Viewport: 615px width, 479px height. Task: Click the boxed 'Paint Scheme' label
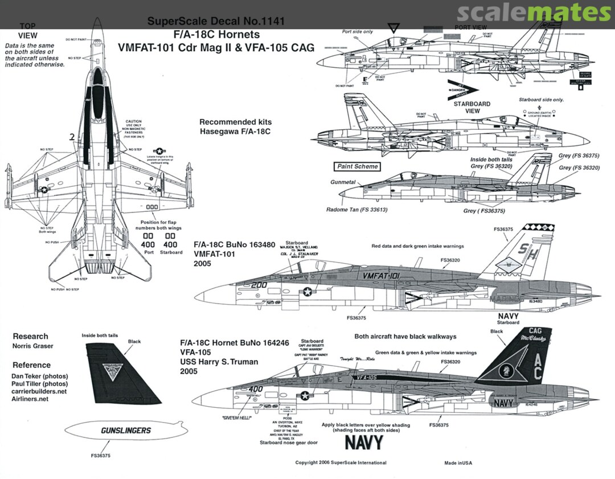[x=356, y=167]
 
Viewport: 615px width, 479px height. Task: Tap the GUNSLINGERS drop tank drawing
[x=125, y=431]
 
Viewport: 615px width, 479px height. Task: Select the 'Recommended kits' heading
[x=235, y=122]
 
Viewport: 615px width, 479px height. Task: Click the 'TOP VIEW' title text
[x=27, y=31]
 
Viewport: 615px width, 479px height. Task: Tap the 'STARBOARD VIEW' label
[x=471, y=107]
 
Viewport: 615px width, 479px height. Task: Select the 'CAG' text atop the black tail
[x=535, y=330]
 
